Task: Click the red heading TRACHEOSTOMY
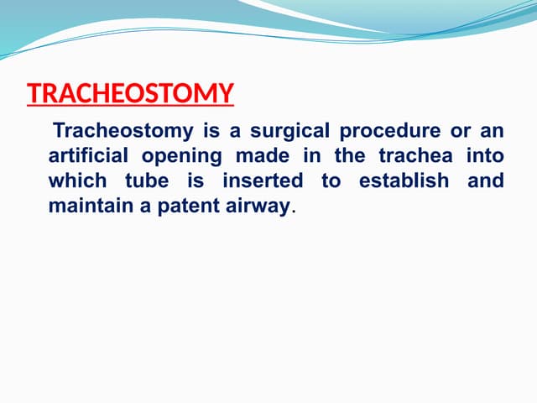[x=130, y=92]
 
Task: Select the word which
[x=76, y=181]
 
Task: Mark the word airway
[x=253, y=206]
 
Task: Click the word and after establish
[x=485, y=181]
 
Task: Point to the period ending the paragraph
[x=292, y=210]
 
